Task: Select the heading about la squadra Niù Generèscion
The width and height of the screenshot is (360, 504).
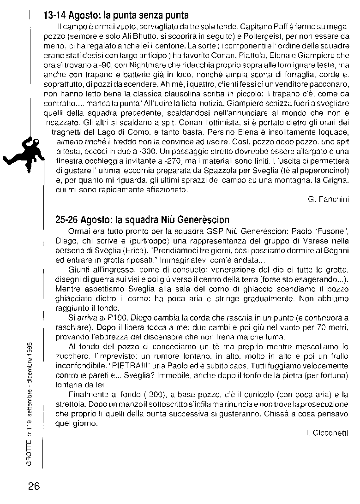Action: pos(142,220)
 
